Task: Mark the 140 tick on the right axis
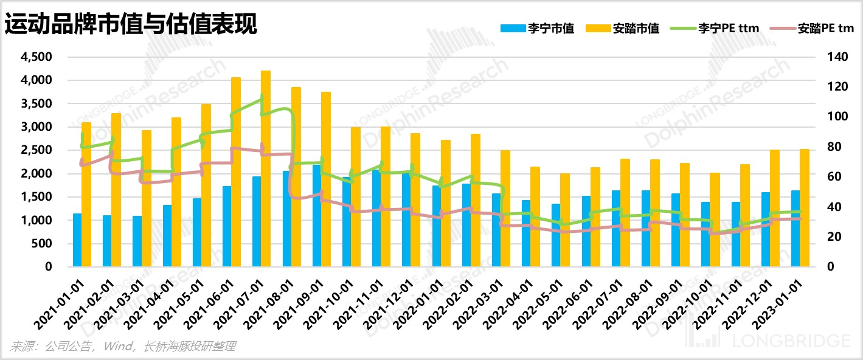coord(837,57)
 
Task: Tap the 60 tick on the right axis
coord(834,176)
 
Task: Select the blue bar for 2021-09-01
coord(317,216)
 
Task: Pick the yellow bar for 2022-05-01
coord(565,220)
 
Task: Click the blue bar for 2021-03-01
coord(137,241)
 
